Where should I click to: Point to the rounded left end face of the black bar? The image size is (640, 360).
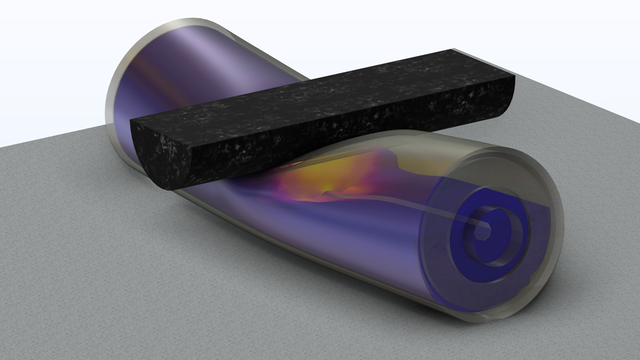160,153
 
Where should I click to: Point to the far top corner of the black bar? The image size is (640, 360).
452,51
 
